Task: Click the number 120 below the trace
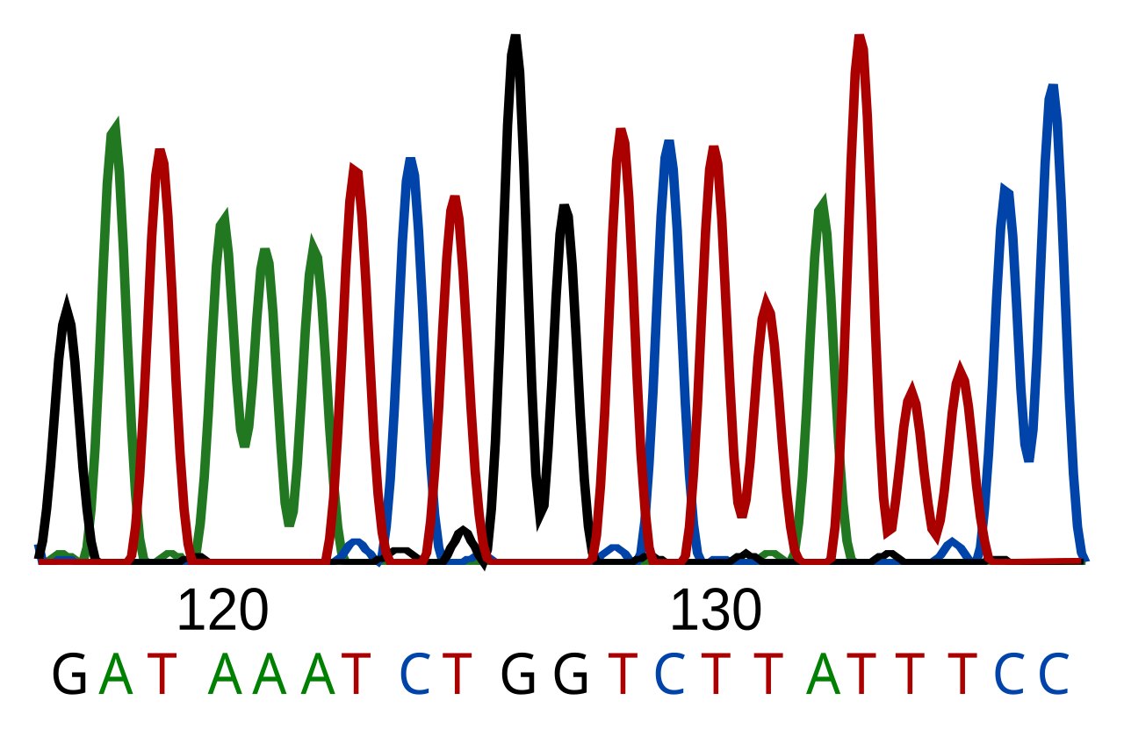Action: (223, 611)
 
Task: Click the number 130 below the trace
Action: (716, 611)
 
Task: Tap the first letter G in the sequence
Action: (69, 674)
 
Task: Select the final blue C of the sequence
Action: (1055, 674)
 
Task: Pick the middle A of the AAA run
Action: (270, 674)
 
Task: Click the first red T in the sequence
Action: (162, 674)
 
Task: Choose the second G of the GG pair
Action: (571, 674)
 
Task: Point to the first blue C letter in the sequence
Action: (415, 674)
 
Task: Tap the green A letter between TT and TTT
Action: (824, 674)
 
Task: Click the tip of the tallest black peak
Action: (515, 36)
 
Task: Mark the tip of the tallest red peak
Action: (860, 36)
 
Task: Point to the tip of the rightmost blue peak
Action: (1053, 86)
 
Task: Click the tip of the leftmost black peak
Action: (66, 300)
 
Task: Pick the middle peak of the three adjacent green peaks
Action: (265, 251)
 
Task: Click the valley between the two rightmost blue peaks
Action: (1028, 460)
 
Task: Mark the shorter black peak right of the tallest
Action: (565, 206)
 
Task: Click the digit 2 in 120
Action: (223, 611)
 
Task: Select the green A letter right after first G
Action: (116, 674)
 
